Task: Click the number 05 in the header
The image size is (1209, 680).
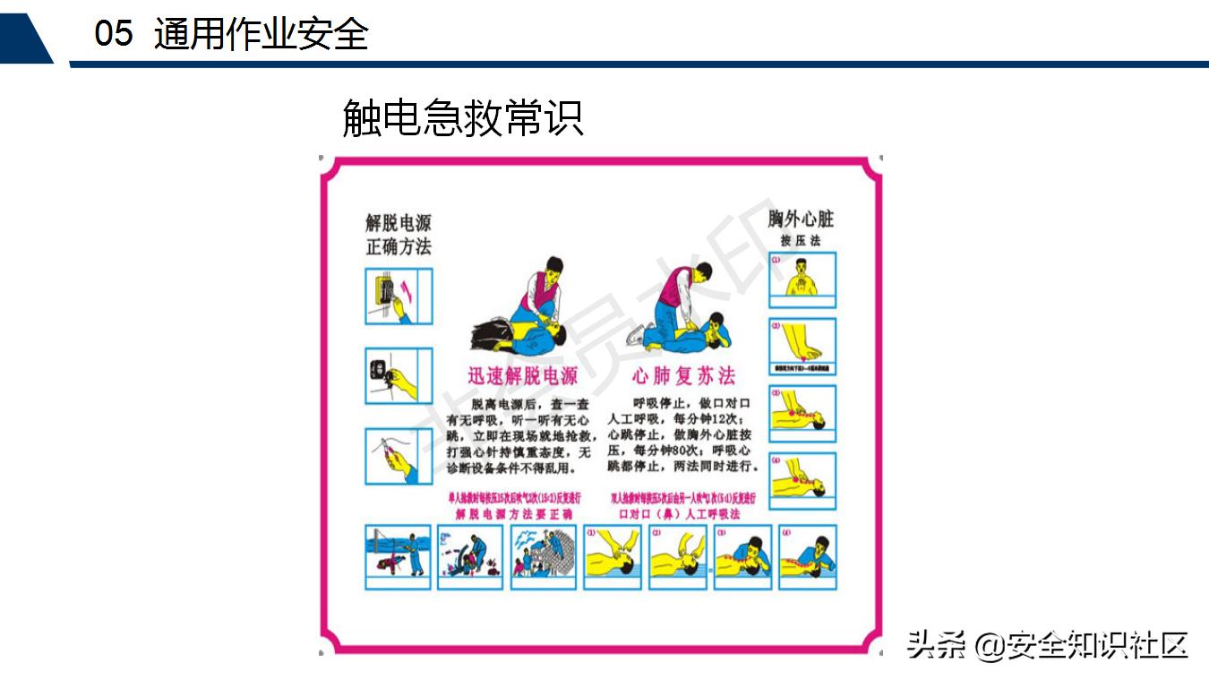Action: [x=113, y=35]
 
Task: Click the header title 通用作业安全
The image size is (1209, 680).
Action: [x=261, y=35]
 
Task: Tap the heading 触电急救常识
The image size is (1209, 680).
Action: [x=463, y=118]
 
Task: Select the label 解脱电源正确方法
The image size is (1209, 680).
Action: [x=399, y=234]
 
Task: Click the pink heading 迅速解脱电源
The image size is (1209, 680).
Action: [x=523, y=375]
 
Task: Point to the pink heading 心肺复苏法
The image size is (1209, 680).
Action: [x=683, y=375]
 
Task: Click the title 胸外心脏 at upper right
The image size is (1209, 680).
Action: [x=801, y=219]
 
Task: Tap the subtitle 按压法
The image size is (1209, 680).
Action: [x=800, y=241]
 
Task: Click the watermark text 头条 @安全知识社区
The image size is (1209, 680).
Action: [x=1047, y=644]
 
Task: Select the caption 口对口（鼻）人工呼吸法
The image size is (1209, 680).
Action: [x=680, y=514]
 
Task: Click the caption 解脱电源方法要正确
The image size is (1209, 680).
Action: [x=514, y=514]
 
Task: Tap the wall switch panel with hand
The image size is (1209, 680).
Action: [x=399, y=296]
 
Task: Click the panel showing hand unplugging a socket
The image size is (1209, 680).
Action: [x=399, y=375]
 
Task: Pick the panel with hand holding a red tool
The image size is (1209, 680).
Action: [x=399, y=456]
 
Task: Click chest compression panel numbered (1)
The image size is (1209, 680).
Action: [x=802, y=280]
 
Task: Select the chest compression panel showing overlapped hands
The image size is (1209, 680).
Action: [x=802, y=346]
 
